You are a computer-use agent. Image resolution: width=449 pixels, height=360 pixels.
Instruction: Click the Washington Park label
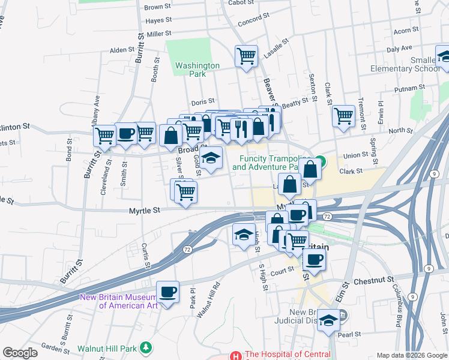(197, 70)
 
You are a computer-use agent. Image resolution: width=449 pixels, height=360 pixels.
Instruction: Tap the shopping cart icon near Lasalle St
(246, 57)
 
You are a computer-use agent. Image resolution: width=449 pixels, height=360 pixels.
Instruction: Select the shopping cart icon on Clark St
(343, 115)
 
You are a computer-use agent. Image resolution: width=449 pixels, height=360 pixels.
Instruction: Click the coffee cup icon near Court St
(314, 259)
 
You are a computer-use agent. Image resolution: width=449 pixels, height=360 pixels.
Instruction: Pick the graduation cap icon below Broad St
(210, 158)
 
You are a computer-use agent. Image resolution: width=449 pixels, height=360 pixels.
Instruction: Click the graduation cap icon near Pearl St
(328, 320)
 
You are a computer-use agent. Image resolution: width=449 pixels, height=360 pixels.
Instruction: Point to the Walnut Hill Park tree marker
(145, 348)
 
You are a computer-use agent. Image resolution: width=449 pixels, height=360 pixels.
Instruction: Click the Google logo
(20, 353)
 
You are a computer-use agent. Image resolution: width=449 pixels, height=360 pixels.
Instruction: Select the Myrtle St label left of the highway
(145, 211)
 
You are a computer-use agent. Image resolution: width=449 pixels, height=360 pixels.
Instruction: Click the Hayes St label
(158, 20)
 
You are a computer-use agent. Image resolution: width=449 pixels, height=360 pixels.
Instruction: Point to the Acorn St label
(406, 31)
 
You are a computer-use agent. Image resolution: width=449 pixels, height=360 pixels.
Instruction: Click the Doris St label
(203, 103)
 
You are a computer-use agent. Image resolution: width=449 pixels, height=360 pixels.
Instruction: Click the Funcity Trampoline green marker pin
(321, 161)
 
